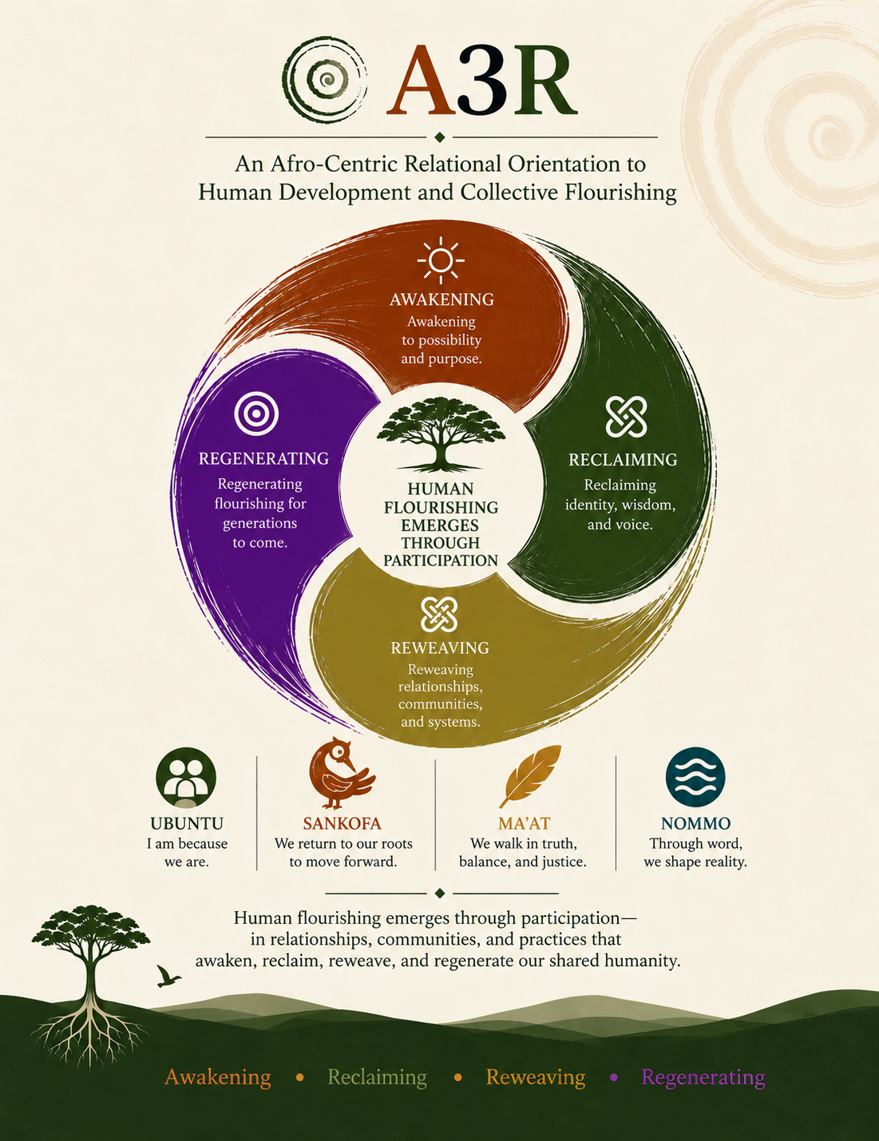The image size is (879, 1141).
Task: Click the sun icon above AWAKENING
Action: [x=440, y=260]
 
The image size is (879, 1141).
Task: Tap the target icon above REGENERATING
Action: [x=256, y=414]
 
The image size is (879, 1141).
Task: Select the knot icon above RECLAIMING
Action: [x=626, y=417]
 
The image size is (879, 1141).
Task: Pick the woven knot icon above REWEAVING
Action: [x=439, y=614]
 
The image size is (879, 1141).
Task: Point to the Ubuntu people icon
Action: [x=186, y=778]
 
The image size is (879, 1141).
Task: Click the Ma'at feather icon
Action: [x=529, y=776]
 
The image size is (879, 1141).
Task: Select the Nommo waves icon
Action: [x=695, y=777]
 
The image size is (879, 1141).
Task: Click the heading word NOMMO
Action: [x=695, y=823]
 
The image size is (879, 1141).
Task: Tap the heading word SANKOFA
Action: [x=342, y=823]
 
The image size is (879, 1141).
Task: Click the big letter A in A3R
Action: [x=422, y=80]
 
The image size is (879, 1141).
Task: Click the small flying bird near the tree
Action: [x=168, y=976]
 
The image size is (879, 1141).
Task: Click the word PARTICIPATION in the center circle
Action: [x=440, y=561]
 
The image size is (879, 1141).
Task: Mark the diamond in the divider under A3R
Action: [x=440, y=137]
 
